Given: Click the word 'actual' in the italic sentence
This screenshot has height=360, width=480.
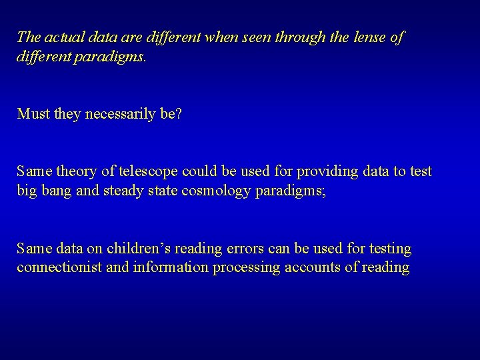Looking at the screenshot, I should (63, 37).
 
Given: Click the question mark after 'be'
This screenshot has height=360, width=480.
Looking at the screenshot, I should (177, 114).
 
